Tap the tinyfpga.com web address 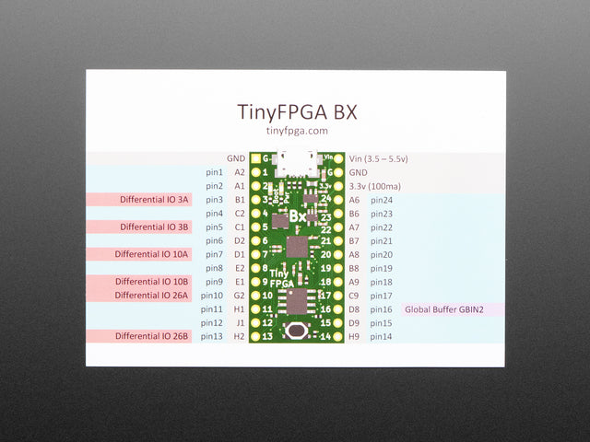tap(297, 131)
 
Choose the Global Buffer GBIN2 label tap(444, 310)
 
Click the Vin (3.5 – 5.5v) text tap(379, 158)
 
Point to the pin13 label tap(214, 337)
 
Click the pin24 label tap(382, 200)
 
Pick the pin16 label tap(382, 310)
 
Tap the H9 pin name tap(354, 337)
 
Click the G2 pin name tap(240, 296)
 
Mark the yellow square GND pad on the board tap(255, 158)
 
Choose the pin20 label tap(382, 255)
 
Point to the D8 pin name tap(354, 310)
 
